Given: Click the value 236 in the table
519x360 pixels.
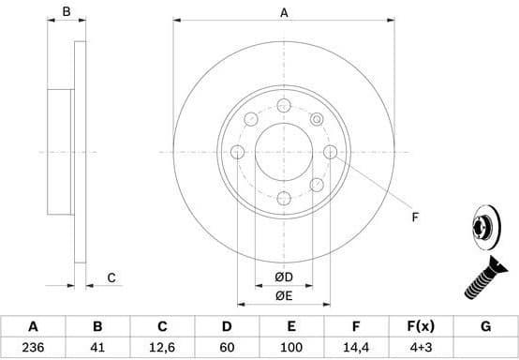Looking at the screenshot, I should click(33, 348).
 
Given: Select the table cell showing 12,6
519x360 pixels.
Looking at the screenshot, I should click(161, 348).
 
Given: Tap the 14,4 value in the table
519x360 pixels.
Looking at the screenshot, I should click(356, 348).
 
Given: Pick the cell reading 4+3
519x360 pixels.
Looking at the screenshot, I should click(421, 348).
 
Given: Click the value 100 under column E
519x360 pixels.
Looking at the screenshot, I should click(291, 348).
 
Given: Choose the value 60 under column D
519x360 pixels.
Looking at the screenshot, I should click(226, 348).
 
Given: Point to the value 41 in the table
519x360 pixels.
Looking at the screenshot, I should click(96, 348).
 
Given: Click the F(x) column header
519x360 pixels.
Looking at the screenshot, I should click(421, 327).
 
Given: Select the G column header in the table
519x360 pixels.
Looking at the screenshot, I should click(485, 327).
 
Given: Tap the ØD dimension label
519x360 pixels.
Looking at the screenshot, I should click(283, 277).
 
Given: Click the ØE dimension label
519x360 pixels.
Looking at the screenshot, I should click(283, 297).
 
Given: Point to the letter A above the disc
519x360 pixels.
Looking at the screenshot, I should click(284, 12).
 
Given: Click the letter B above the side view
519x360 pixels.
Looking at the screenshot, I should click(66, 12).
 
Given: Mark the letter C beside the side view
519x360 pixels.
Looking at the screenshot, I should click(111, 277).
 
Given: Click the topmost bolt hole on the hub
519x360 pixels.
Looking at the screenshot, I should click(284, 105).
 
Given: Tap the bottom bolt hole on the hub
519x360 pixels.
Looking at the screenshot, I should click(284, 197).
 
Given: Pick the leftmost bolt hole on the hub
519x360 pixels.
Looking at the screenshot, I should click(238, 152).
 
